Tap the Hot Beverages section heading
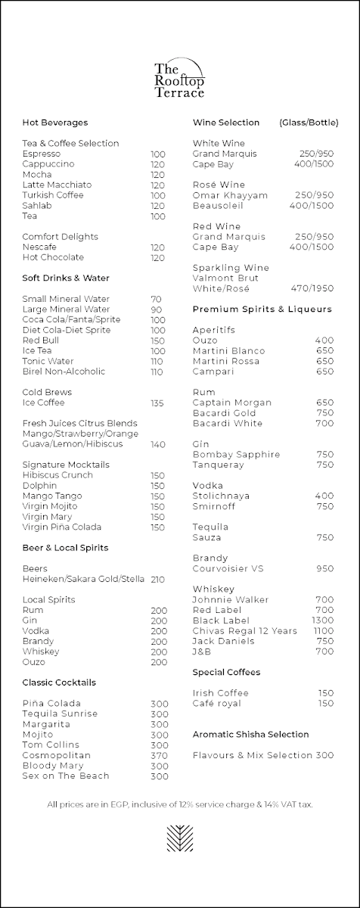tap(55, 123)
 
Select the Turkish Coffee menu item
tap(53, 195)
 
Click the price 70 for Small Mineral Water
tap(157, 299)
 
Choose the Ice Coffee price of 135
tap(157, 403)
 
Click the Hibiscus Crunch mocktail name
tap(57, 475)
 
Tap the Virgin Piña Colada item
tap(62, 527)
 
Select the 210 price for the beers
tap(157, 579)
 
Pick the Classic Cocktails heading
tap(59, 683)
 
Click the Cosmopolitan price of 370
tap(159, 755)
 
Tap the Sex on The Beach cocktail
tap(66, 776)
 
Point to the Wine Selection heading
tap(226, 123)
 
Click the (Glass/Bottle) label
tap(309, 123)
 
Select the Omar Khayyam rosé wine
tap(230, 195)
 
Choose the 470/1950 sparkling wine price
tap(312, 288)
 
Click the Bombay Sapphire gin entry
tap(237, 454)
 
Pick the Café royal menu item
tap(217, 703)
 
